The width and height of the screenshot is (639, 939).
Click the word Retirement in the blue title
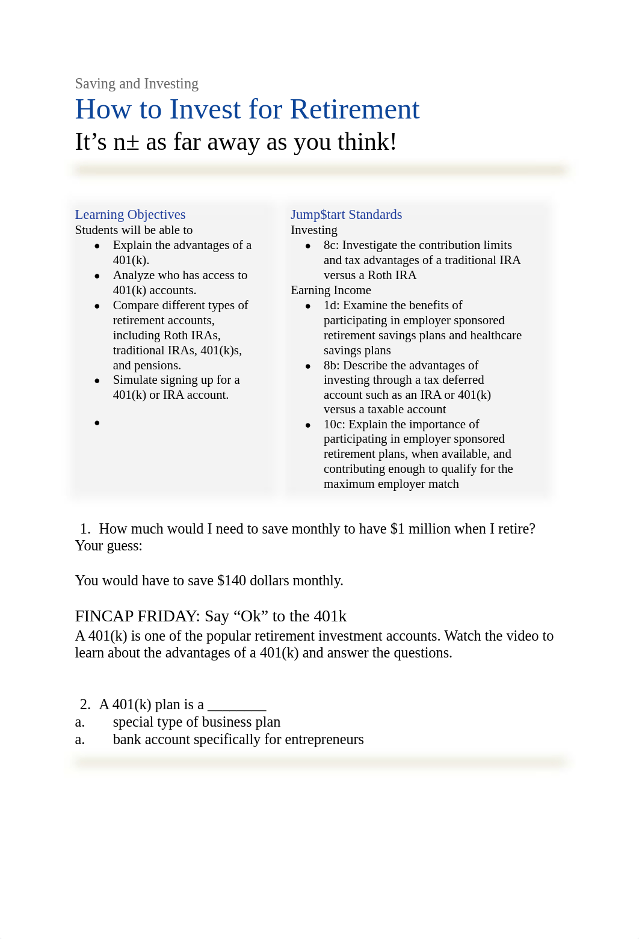point(354,109)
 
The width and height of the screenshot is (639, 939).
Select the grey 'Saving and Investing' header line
point(137,84)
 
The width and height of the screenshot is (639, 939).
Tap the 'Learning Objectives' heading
point(130,215)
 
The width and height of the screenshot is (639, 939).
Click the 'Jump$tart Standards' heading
point(346,215)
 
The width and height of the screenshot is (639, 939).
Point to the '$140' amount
point(232,580)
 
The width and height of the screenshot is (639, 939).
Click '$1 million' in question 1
point(414,529)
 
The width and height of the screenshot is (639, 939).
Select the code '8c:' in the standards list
point(332,245)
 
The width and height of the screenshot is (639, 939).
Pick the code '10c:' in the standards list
point(335,424)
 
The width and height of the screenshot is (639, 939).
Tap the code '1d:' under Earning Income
point(332,306)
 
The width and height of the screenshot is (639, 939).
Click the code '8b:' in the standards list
point(332,365)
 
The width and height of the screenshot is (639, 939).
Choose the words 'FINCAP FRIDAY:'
point(137,616)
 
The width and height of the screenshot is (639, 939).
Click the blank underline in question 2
point(236,705)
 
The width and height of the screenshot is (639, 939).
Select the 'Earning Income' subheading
point(330,290)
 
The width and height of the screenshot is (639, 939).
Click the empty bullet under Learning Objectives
point(97,423)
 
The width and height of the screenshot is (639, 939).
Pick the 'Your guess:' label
point(108,546)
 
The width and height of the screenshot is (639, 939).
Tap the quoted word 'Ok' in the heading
point(251,616)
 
